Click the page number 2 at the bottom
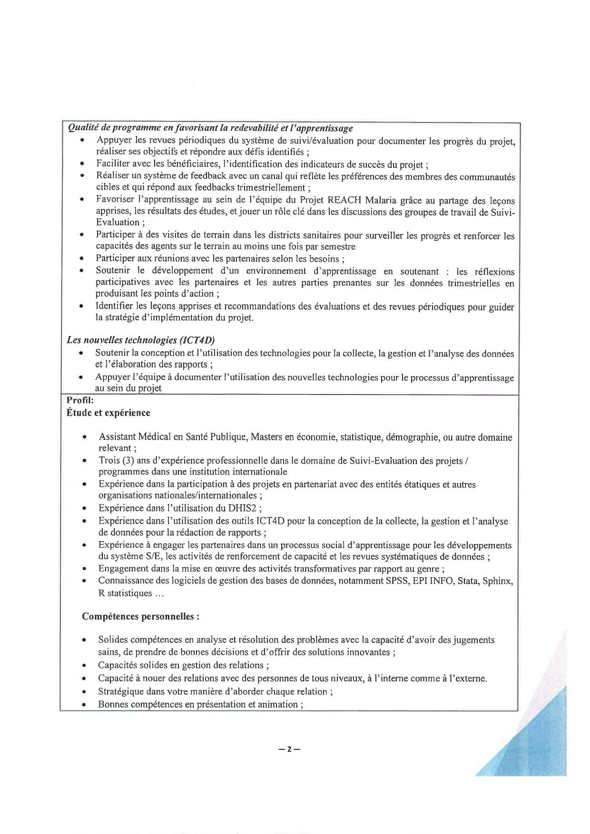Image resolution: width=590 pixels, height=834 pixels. pos(289,749)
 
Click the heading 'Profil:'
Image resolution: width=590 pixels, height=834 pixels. pos(80,400)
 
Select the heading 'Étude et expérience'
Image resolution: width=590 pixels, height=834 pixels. pos(108,413)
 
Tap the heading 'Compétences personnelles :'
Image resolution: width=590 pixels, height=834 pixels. pos(140,617)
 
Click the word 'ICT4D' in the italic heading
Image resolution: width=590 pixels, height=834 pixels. pos(197,340)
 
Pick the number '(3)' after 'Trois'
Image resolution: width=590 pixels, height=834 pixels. pos(128,460)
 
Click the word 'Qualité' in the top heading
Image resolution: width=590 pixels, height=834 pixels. pos(83,128)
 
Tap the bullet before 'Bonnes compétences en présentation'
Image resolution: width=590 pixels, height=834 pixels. pos(84,705)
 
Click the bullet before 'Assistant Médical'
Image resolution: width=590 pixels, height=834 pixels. pos(85,437)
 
